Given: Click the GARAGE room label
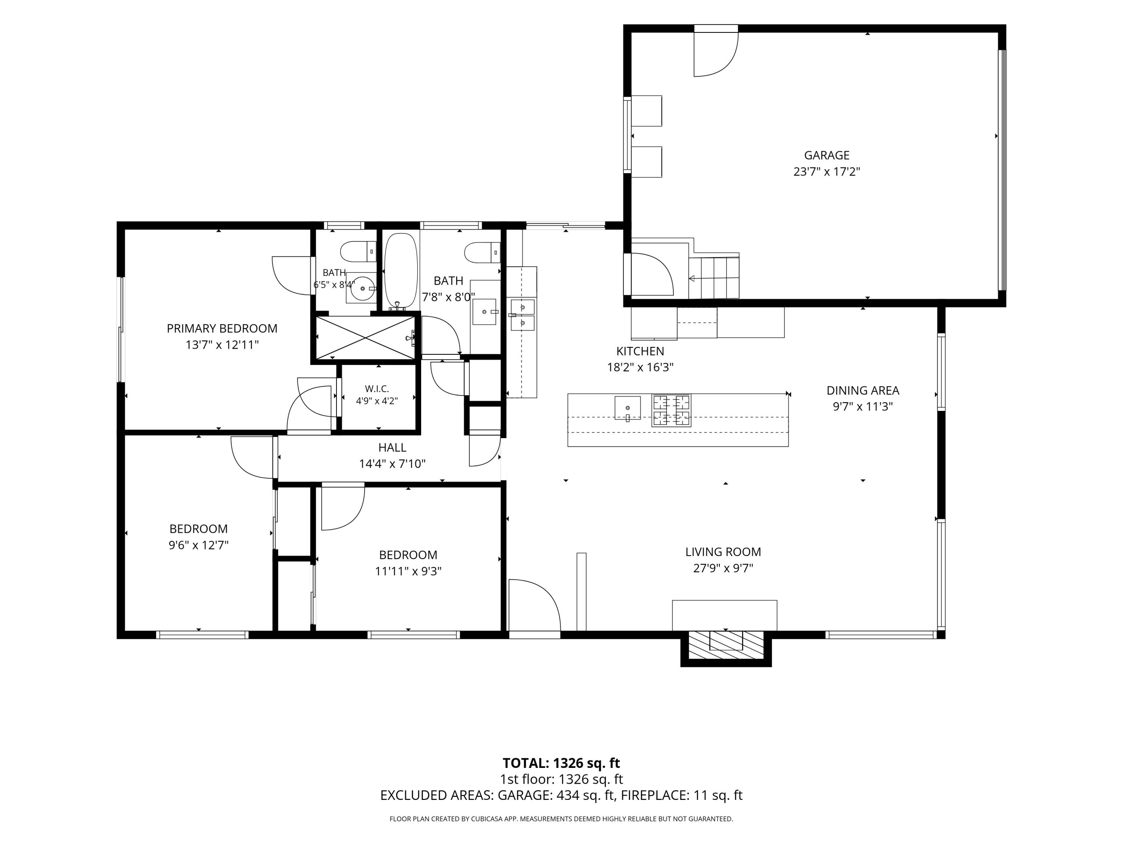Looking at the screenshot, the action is [x=826, y=155].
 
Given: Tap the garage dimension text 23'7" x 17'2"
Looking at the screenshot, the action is [x=826, y=172].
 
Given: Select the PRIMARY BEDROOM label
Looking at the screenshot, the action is [x=222, y=328].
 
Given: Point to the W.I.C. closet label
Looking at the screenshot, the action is [x=377, y=389].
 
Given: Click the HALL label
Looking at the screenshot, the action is [x=392, y=448].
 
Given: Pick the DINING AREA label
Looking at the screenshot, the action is [x=862, y=390].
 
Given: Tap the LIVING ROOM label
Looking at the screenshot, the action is [x=723, y=552].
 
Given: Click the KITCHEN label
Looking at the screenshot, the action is [x=640, y=351].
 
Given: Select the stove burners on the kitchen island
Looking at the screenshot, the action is [x=671, y=410].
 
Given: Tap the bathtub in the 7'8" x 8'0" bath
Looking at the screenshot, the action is [x=401, y=270].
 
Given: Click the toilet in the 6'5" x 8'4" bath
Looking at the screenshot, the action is [x=358, y=252].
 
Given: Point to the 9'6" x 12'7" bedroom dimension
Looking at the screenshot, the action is [x=199, y=546].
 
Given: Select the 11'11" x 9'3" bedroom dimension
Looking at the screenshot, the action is [x=408, y=571].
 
